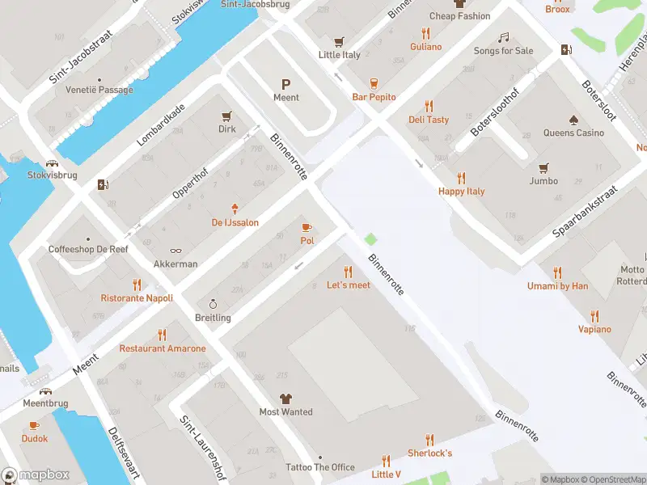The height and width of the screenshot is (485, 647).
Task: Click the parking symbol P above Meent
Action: (x=285, y=84)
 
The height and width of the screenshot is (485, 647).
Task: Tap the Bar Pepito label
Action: (x=374, y=97)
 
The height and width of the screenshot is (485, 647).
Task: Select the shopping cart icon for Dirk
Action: (x=226, y=116)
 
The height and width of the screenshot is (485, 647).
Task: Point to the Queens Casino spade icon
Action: (x=573, y=120)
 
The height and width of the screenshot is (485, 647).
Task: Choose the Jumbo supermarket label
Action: (x=543, y=181)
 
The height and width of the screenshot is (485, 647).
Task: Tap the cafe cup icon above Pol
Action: (x=307, y=227)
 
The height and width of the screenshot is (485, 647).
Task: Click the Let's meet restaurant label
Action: (x=349, y=285)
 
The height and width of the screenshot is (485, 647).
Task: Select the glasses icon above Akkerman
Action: (x=175, y=251)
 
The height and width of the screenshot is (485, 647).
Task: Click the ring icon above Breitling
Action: (x=213, y=304)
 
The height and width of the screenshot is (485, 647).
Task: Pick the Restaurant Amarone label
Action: (x=163, y=348)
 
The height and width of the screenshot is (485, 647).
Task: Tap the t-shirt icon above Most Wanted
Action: (x=285, y=398)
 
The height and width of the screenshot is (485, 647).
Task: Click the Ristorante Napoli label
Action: (x=137, y=297)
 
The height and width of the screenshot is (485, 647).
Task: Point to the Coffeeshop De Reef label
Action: (x=88, y=250)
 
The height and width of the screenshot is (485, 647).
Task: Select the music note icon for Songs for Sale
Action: (x=503, y=37)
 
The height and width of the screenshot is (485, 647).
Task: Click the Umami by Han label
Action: (x=557, y=286)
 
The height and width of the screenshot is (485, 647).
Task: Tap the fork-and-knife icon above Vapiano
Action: (x=594, y=315)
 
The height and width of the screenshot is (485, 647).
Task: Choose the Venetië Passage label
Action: (x=99, y=90)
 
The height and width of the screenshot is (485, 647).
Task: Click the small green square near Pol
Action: (x=370, y=238)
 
